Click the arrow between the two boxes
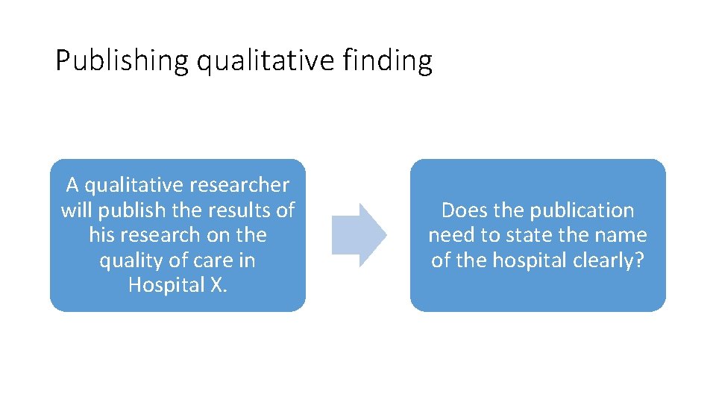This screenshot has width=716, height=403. click(359, 235)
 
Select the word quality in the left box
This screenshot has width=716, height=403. click(124, 260)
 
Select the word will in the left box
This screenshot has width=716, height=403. click(76, 210)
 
